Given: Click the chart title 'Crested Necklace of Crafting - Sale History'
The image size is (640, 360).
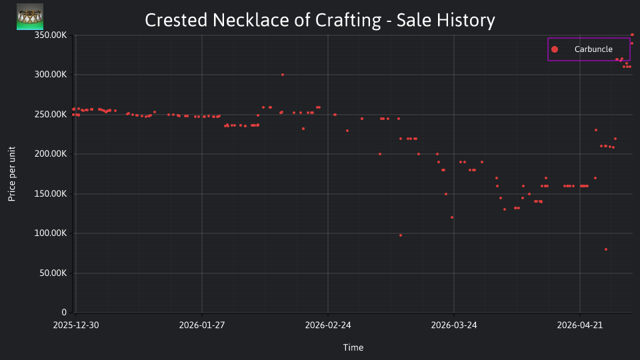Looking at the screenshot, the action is [x=319, y=20].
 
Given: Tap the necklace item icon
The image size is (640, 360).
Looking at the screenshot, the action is [x=30, y=17].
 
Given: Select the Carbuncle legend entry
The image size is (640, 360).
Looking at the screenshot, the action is [x=589, y=49].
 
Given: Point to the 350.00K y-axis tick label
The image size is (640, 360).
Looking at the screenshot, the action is [x=50, y=35].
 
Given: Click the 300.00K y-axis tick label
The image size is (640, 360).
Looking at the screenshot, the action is [x=50, y=74].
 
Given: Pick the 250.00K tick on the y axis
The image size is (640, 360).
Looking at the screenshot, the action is [x=50, y=114].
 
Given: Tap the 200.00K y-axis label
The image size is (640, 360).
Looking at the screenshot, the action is [x=50, y=154].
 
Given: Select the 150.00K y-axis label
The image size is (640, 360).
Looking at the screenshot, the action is [x=50, y=193].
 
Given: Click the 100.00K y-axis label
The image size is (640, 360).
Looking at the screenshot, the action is [x=50, y=233].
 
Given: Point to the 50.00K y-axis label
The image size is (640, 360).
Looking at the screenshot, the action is [x=53, y=273].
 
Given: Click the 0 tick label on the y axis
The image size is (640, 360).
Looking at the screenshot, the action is [x=64, y=312].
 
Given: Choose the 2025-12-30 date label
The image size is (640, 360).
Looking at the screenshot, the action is [x=76, y=325].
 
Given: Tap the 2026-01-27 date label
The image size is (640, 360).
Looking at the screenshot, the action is [x=202, y=325].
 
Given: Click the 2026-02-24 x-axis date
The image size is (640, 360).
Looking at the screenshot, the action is [x=328, y=325].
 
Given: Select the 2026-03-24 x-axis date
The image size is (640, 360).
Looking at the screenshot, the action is [x=454, y=325].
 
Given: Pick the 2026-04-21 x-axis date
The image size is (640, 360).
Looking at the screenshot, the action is [x=580, y=325].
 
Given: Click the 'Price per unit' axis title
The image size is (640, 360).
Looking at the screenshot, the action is [x=12, y=174].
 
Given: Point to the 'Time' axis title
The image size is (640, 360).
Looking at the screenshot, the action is [x=353, y=347].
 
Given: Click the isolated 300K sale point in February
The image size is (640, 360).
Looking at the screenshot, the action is [x=283, y=75].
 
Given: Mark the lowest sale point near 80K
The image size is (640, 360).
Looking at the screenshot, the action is [x=606, y=249].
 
